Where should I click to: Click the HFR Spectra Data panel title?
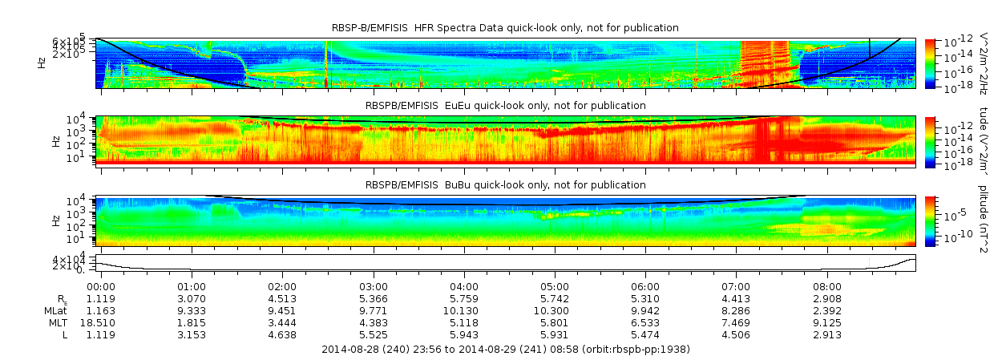tap(505, 28)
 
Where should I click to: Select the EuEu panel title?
tap(505, 105)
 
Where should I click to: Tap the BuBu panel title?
tap(505, 184)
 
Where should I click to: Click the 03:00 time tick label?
tap(374, 286)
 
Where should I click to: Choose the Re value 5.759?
tap(464, 298)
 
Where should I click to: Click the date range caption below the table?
tap(505, 350)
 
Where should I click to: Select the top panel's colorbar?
tap(930, 63)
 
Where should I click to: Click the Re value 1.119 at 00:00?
tap(100, 298)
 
